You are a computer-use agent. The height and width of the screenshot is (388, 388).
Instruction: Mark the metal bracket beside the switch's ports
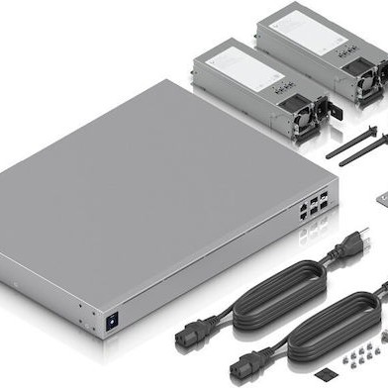[x=380, y=198]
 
